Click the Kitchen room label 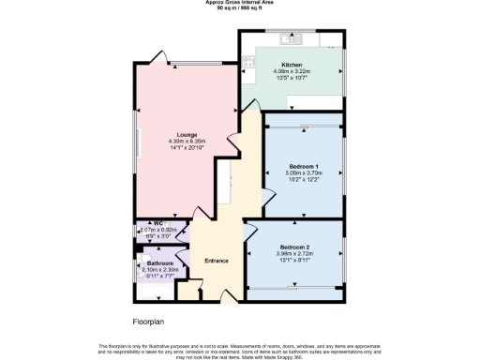coord(286,66)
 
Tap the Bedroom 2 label coord(293,246)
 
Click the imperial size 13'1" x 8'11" coord(293,259)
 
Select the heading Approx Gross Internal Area coord(239,3)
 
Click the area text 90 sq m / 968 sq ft coord(239,8)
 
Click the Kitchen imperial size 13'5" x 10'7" coord(286,78)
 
